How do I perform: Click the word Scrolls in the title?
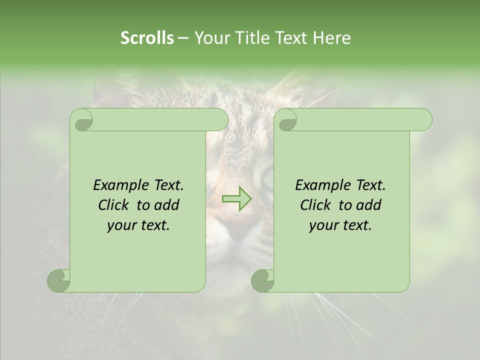[x=147, y=38]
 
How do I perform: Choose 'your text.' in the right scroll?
[x=340, y=225]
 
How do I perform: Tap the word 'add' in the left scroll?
[x=167, y=205]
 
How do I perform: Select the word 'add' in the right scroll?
[x=369, y=205]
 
